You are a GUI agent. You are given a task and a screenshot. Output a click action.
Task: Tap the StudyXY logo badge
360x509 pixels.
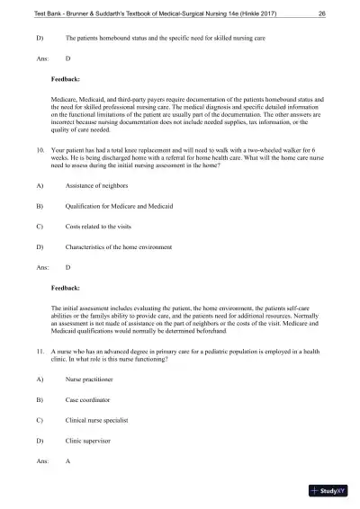pos(328,491)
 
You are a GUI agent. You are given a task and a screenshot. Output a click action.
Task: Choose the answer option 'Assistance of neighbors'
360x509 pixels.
pos(96,210)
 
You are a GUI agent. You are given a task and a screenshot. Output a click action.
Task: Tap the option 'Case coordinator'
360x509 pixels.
pos(88,400)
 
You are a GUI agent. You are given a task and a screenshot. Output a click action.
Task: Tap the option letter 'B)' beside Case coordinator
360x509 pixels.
pos(39,400)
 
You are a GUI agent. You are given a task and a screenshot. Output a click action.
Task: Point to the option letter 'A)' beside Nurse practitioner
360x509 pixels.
pos(39,380)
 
